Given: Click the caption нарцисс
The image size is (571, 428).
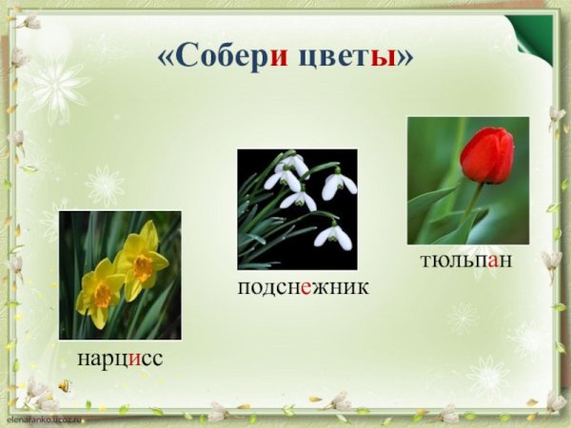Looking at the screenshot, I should pyautogui.click(x=120, y=359).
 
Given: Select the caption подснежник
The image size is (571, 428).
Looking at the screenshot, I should pyautogui.click(x=303, y=285).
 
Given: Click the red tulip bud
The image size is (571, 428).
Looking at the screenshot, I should pyautogui.click(x=486, y=154).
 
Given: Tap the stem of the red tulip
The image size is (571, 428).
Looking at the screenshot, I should pyautogui.click(x=471, y=204).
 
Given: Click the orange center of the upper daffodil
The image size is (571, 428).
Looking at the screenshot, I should pyautogui.click(x=143, y=267).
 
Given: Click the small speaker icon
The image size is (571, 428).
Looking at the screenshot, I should pyautogui.click(x=64, y=385).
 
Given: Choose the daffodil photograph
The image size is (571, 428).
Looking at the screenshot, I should pyautogui.click(x=119, y=275).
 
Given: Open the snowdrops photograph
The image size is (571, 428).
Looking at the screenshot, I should pyautogui.click(x=297, y=208).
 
